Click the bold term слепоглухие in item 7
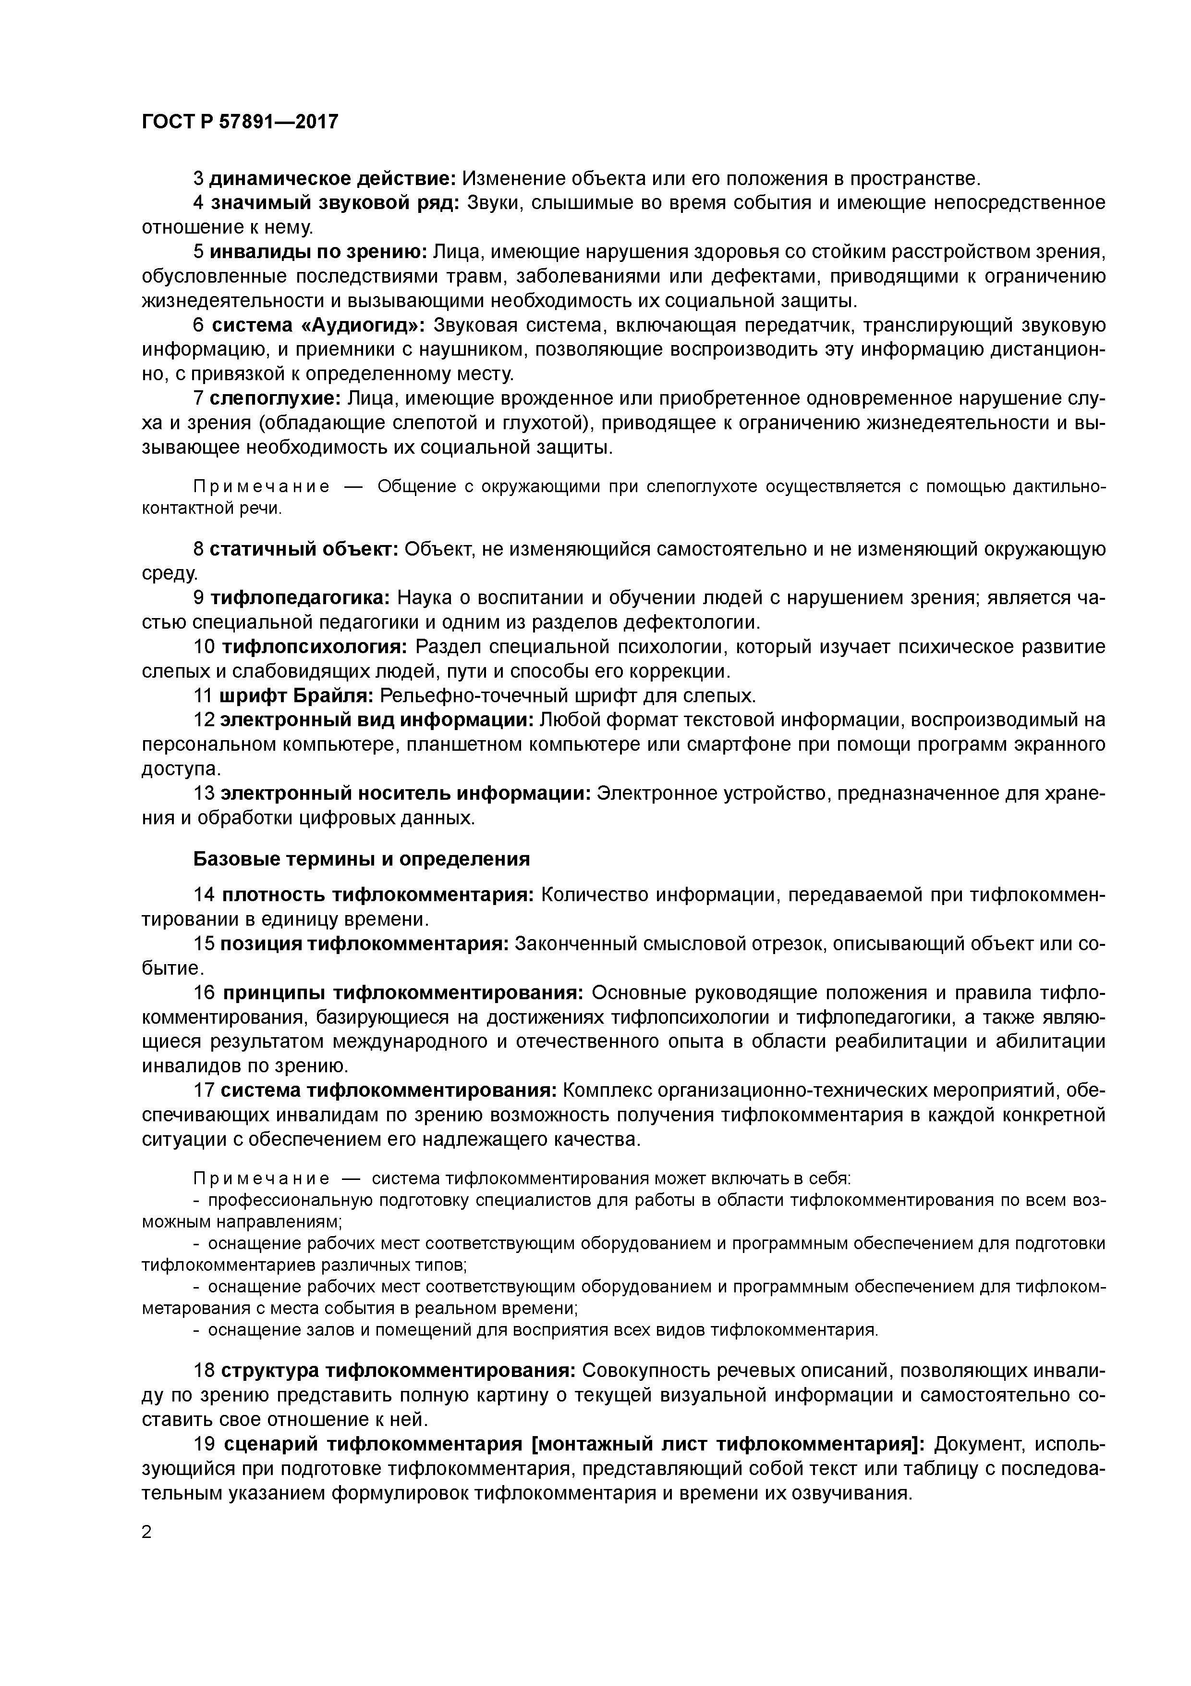(x=274, y=399)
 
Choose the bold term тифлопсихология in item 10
(x=314, y=647)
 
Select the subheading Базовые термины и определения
(x=361, y=859)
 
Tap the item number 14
(x=203, y=895)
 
